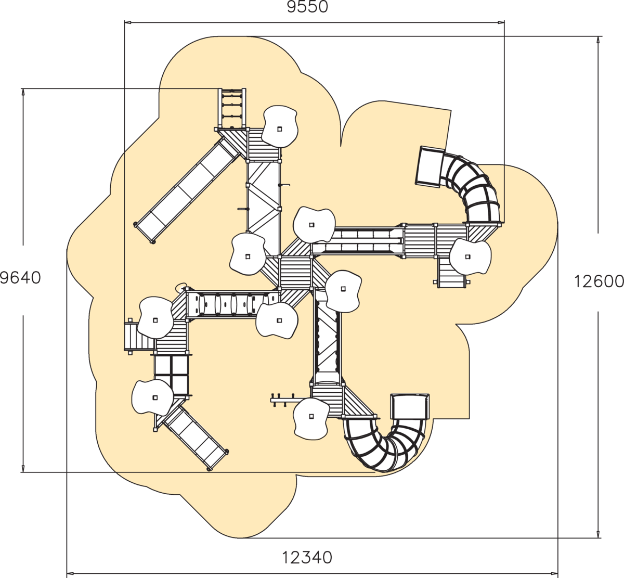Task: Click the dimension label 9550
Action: [308, 7]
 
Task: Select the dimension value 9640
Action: [20, 278]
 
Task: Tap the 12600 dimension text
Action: [599, 281]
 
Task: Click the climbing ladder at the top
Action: [232, 108]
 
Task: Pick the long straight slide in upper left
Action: [186, 191]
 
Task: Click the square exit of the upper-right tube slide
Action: [430, 166]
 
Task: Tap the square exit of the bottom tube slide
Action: [409, 406]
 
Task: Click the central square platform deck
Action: [295, 272]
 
